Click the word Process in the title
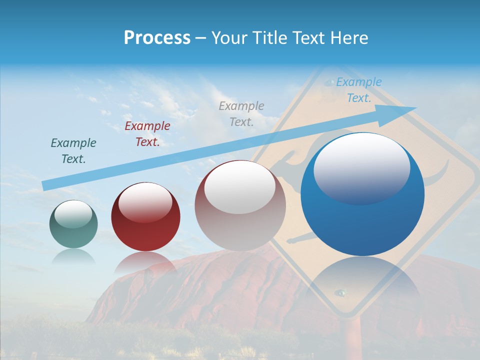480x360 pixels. click(157, 38)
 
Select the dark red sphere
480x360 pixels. click(145, 217)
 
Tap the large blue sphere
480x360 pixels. click(362, 200)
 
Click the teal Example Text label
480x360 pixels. click(73, 150)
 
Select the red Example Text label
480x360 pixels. click(147, 133)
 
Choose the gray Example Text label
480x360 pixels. click(241, 113)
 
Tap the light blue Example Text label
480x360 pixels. click(359, 90)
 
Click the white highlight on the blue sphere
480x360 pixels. click(361, 168)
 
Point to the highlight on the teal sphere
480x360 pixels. click(73, 214)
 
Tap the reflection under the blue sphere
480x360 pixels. click(362, 282)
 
